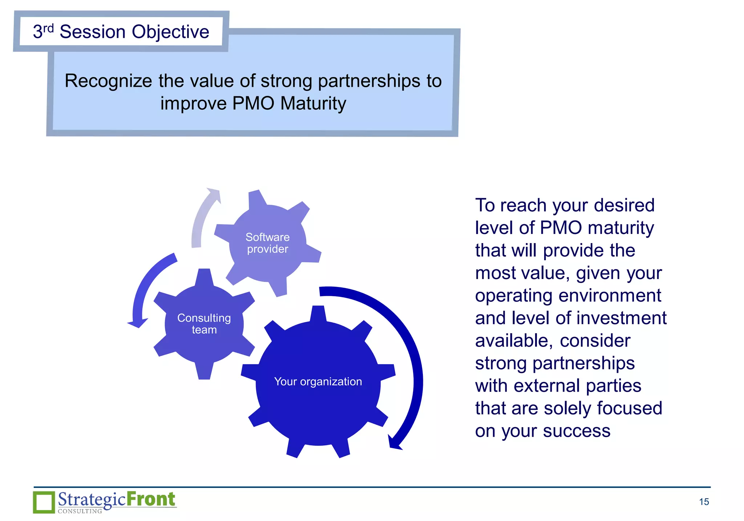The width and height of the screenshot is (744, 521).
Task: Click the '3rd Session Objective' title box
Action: (121, 32)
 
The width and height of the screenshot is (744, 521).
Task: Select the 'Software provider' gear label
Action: (267, 243)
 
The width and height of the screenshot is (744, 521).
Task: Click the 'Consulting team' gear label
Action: (204, 324)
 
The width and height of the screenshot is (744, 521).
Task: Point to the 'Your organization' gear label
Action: (318, 381)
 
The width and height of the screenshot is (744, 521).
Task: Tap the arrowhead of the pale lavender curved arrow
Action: (215, 195)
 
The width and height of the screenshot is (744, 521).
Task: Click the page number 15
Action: (704, 502)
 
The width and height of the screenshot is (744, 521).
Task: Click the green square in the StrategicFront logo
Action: (44, 502)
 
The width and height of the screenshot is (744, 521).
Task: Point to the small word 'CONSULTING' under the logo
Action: (80, 511)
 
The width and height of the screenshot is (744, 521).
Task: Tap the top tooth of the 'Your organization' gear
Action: (318, 313)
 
